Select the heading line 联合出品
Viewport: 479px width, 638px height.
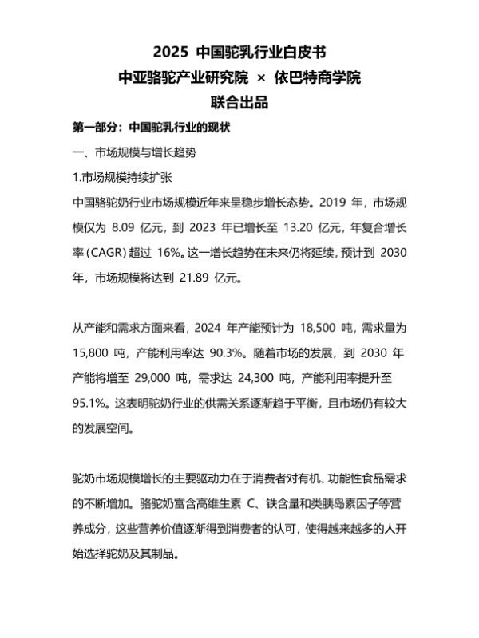click(239, 102)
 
